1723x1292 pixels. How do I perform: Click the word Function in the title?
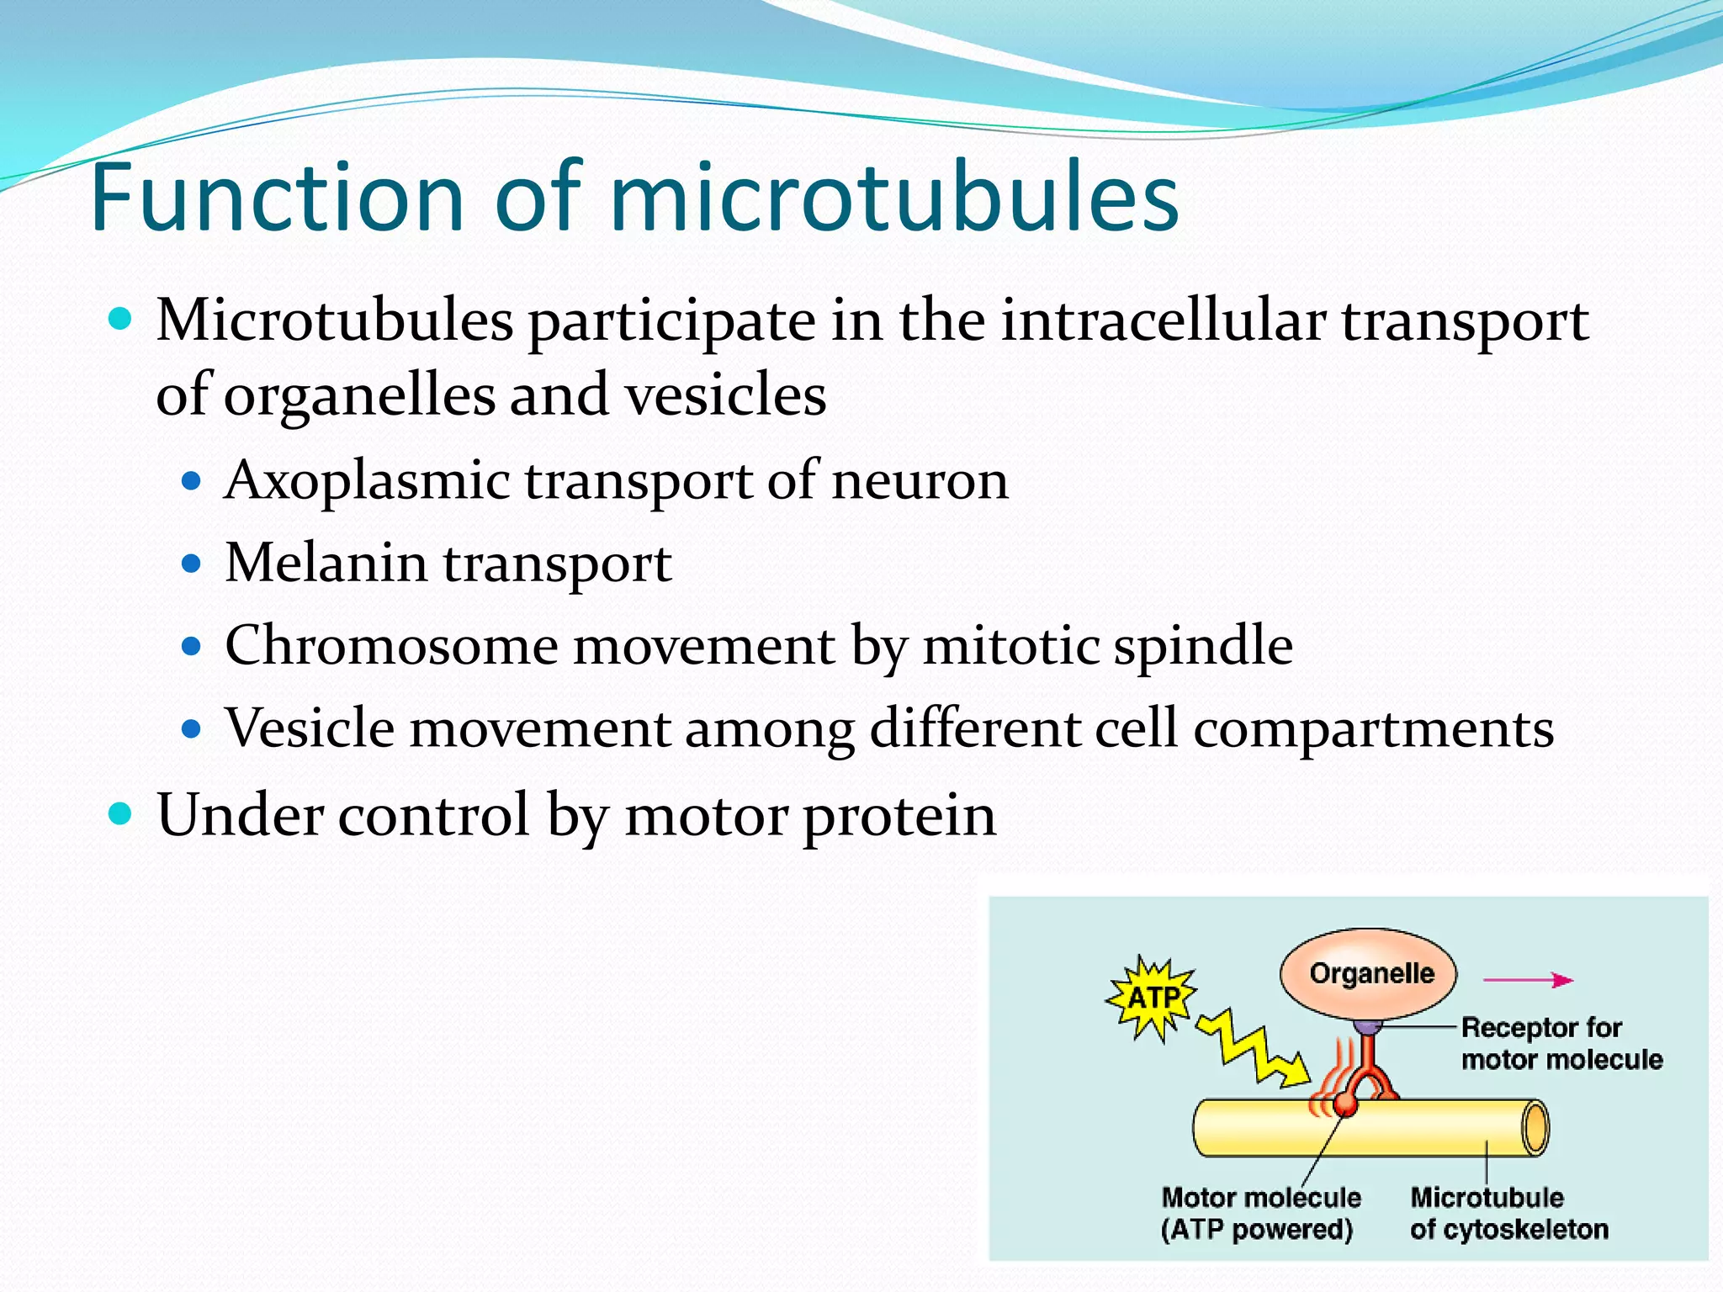tap(278, 198)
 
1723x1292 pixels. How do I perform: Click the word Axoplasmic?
tap(367, 481)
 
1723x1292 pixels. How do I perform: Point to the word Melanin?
tap(326, 563)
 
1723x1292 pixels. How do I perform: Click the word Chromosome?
tap(391, 646)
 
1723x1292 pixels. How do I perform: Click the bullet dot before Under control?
tap(121, 814)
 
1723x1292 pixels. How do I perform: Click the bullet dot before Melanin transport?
tap(192, 563)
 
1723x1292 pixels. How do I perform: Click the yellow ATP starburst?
tap(1152, 998)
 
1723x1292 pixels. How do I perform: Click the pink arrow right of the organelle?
tap(1527, 980)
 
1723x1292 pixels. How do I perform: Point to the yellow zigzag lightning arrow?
tap(1254, 1052)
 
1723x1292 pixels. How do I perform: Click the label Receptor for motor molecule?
tap(1561, 1043)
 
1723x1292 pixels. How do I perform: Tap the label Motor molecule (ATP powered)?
tap(1259, 1213)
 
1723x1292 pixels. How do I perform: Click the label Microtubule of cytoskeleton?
tap(1508, 1213)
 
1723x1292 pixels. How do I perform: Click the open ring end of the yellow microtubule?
tap(1535, 1127)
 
